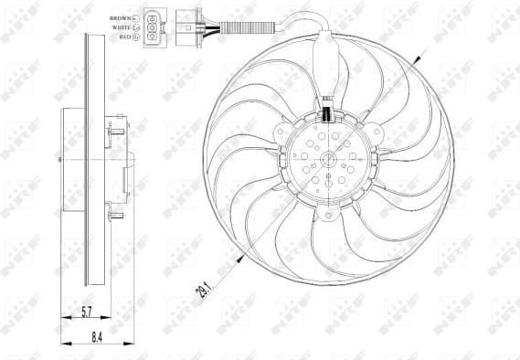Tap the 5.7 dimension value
click(83, 312)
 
